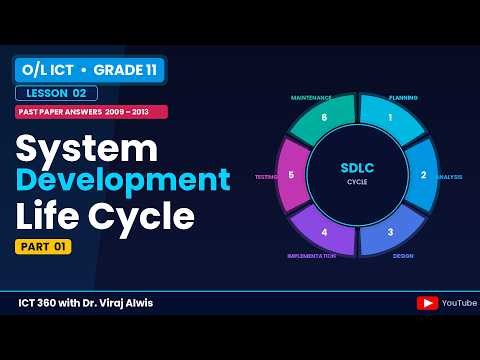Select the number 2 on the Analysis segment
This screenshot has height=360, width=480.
[x=423, y=175]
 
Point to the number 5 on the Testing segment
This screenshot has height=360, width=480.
[x=291, y=175]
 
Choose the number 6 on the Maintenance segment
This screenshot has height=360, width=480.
[x=324, y=117]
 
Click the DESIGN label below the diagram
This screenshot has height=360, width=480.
[x=403, y=255]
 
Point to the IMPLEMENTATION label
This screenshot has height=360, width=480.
[x=310, y=255]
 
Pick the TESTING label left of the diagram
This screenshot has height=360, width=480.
[x=266, y=177]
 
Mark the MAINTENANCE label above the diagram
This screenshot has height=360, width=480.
[x=311, y=98]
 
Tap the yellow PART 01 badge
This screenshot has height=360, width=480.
[x=43, y=247]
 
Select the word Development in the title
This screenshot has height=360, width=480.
[x=123, y=180]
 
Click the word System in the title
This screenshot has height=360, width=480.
[x=87, y=147]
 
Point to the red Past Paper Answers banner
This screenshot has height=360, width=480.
[x=90, y=112]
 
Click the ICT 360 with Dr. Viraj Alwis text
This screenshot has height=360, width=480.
[x=86, y=303]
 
